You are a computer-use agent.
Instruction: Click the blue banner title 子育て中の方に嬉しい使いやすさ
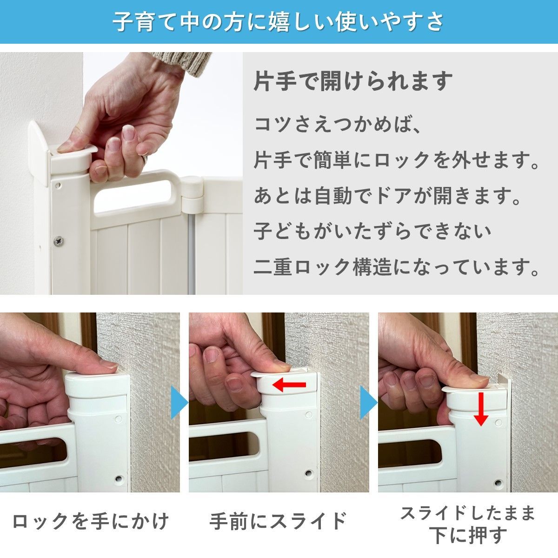click(x=279, y=22)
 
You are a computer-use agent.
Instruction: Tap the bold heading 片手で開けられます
click(x=353, y=81)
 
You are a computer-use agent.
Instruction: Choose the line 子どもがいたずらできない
click(x=372, y=231)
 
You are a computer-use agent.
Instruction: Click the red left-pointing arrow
click(x=289, y=385)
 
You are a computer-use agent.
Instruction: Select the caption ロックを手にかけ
click(x=91, y=521)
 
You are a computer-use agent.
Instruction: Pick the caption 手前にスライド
click(x=278, y=521)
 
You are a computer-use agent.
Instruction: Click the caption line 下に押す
click(x=468, y=535)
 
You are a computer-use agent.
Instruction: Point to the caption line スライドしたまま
click(x=468, y=513)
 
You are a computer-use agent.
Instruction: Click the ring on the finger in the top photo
click(x=146, y=159)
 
